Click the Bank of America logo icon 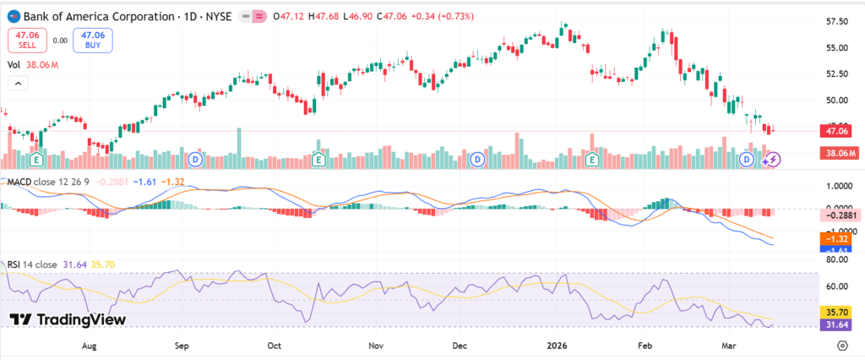(x=13, y=16)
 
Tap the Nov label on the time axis (x=377, y=346)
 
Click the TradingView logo (x=68, y=319)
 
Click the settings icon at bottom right (x=842, y=346)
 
